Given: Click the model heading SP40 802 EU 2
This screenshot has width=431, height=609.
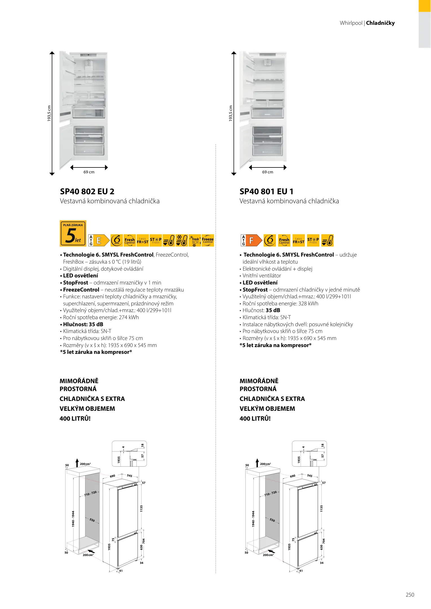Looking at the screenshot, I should click(87, 192).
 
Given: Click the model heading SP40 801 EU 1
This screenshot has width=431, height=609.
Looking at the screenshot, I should click(266, 192).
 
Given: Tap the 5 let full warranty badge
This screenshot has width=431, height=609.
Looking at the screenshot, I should click(73, 233).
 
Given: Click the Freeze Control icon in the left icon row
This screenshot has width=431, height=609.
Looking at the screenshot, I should click(208, 240).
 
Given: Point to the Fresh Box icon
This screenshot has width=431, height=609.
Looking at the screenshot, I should click(195, 240).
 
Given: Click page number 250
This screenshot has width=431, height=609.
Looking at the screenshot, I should click(410, 595).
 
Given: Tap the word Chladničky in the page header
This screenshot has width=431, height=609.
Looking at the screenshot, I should click(380, 23).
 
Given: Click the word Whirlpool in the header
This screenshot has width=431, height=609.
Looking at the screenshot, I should click(351, 23).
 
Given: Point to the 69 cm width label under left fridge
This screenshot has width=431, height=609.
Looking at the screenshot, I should click(89, 172).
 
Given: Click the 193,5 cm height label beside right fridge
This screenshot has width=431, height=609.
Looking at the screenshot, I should click(231, 113).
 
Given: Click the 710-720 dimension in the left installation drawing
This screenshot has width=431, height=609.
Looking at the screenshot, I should click(90, 494).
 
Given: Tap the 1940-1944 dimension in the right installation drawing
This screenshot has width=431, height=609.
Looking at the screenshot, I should click(253, 519).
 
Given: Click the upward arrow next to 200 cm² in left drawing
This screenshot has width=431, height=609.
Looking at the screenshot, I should click(77, 463).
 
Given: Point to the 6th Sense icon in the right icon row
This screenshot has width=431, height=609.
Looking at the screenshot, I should click(270, 240).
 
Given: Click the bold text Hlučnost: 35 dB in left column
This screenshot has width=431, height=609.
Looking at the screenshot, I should click(83, 325).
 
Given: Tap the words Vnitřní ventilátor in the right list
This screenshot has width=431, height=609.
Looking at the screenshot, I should click(262, 276).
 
